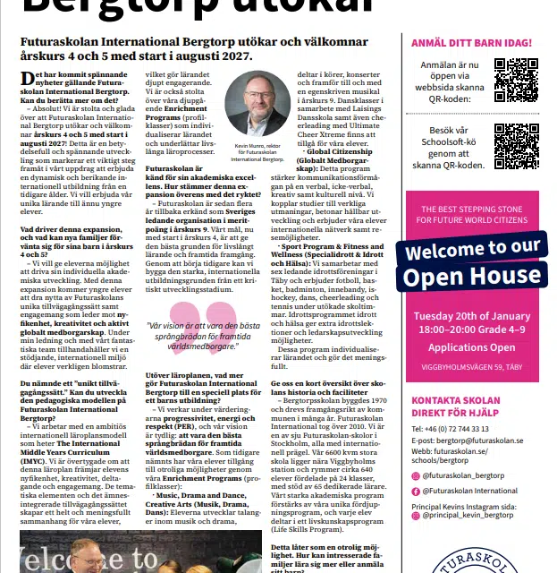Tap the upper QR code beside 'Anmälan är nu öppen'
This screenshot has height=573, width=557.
(x=515, y=81)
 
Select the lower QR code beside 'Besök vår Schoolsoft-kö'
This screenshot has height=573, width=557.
(x=515, y=146)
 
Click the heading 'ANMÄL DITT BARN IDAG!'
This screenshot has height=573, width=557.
(x=471, y=42)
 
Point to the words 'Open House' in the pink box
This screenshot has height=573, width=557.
(x=471, y=277)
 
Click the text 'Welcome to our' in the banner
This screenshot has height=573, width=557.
(x=471, y=247)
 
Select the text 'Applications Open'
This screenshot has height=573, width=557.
(x=471, y=347)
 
